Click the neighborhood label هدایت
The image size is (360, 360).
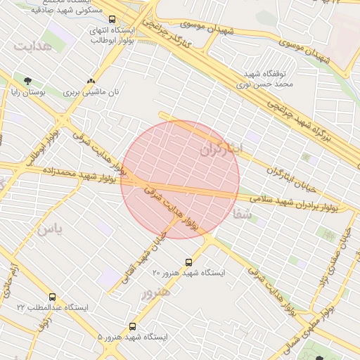click(x=33, y=46)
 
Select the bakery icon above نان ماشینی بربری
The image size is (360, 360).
click(x=91, y=81)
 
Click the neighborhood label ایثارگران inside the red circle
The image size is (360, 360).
click(x=221, y=150)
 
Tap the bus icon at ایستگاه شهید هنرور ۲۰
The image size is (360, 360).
click(x=188, y=262)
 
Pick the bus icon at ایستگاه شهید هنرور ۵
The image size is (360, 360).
click(x=133, y=327)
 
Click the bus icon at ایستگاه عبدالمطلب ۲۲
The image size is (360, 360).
click(x=52, y=297)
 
